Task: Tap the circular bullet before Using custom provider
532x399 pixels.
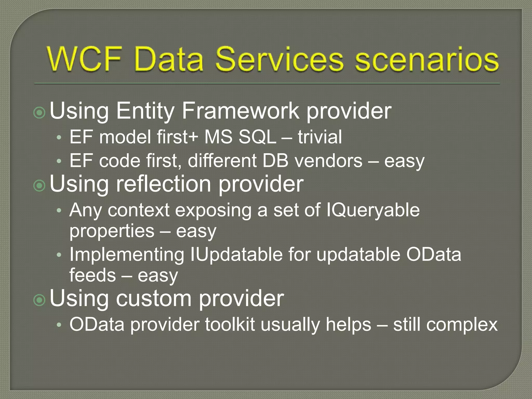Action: click(x=40, y=300)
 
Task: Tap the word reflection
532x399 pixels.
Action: click(x=163, y=184)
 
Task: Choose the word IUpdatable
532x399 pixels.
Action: click(x=236, y=255)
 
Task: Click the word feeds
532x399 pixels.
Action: click(x=92, y=275)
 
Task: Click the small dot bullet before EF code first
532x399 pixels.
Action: click(x=59, y=161)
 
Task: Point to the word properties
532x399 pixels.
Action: click(x=112, y=231)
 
